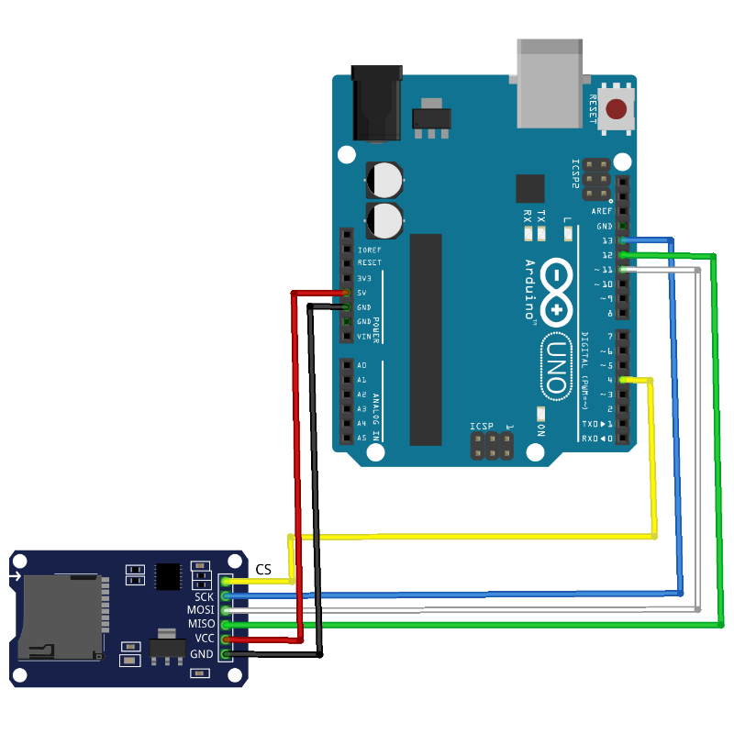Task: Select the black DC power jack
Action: (377, 103)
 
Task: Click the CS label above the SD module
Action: (263, 570)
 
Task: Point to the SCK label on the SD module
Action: (203, 596)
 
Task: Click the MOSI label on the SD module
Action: (200, 610)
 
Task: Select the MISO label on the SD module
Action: (200, 624)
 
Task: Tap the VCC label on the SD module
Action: (204, 638)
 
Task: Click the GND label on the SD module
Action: (202, 653)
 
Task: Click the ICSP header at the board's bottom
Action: (492, 447)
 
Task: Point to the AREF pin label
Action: (602, 211)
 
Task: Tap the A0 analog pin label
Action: (361, 365)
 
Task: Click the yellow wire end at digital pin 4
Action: (625, 380)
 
